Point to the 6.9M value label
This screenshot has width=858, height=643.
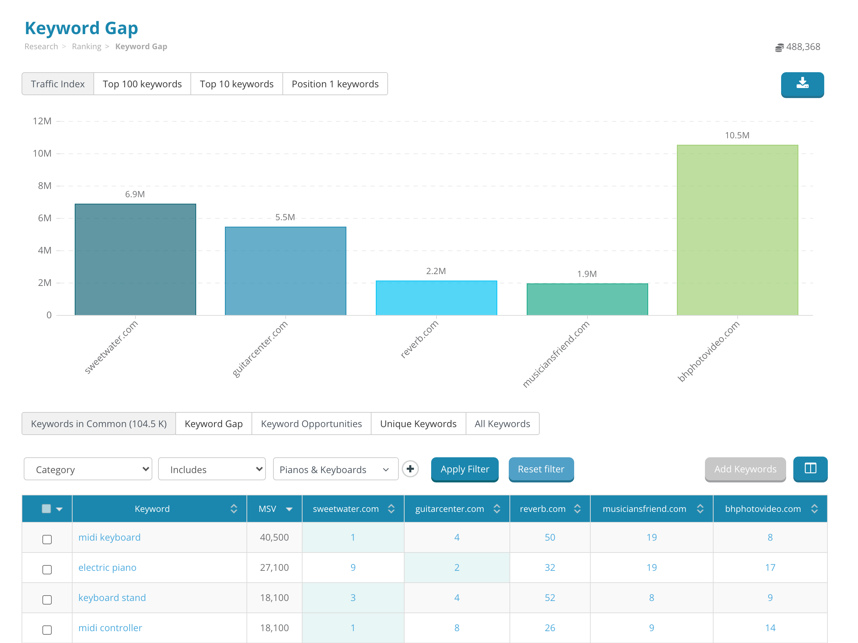[135, 194]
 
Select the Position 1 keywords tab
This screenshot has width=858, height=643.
[335, 84]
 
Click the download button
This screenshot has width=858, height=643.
[802, 84]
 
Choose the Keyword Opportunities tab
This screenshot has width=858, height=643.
[311, 424]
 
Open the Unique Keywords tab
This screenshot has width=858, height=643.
[418, 424]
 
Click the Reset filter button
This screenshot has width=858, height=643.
[541, 469]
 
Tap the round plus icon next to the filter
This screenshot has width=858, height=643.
[410, 469]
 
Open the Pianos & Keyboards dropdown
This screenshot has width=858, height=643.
[335, 469]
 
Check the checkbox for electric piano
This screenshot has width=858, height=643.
[47, 569]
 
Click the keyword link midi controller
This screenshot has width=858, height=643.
[110, 628]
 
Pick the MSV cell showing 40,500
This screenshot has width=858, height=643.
[274, 537]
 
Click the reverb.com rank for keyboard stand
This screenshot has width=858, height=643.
[550, 598]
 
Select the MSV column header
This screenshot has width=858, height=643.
[268, 509]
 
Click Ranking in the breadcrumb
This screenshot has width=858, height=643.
[87, 47]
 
